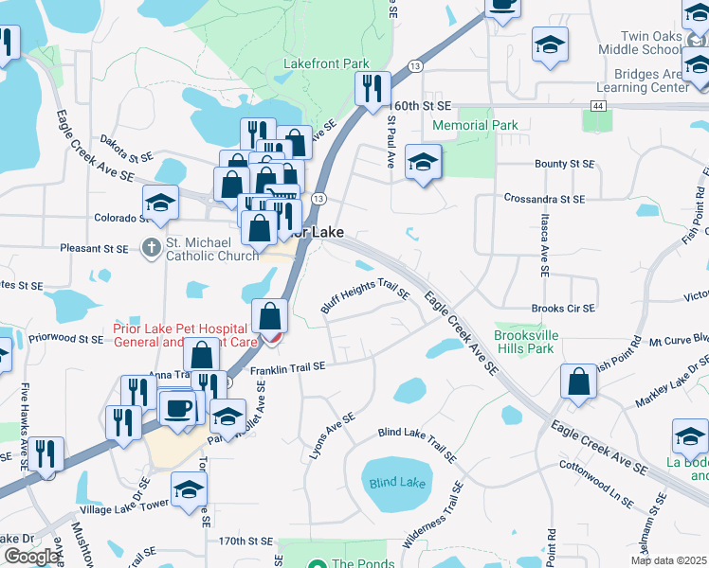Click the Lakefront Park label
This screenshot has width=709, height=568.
pos(326,63)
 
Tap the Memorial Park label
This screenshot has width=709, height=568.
pos(475,125)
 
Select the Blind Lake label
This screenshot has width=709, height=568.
pos(397,483)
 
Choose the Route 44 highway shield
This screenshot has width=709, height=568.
pos(597,106)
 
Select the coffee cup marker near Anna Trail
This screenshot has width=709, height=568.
pos(177,407)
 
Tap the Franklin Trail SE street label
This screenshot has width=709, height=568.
pos(288,367)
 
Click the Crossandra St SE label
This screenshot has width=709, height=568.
pos(544,200)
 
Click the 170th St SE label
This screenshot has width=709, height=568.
pos(245,541)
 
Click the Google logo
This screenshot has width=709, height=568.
pos(30,557)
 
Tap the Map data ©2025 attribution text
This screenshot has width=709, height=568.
pos(668,560)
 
